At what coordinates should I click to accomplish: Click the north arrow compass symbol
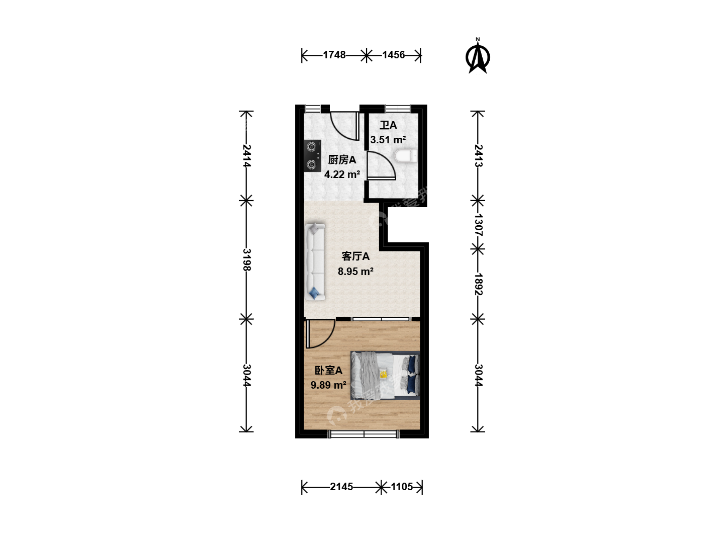[x=478, y=56]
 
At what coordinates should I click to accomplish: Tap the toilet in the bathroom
[x=406, y=156]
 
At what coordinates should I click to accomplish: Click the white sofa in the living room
[x=315, y=262]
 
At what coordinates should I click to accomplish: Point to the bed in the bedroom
[x=385, y=376]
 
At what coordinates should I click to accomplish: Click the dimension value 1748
[x=334, y=55]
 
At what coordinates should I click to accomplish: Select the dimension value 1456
[x=394, y=55]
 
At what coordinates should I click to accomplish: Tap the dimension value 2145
[x=341, y=487]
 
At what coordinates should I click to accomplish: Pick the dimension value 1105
[x=402, y=487]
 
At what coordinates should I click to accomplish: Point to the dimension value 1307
[x=478, y=225]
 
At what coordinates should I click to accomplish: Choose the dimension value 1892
[x=478, y=284]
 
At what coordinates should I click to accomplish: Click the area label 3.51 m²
[x=388, y=140]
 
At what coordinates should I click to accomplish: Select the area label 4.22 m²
[x=342, y=174]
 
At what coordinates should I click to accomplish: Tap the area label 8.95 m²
[x=355, y=271]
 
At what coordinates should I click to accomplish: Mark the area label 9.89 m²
[x=328, y=385]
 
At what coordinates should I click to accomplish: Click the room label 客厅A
[x=355, y=256]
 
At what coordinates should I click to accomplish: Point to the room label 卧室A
[x=328, y=370]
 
